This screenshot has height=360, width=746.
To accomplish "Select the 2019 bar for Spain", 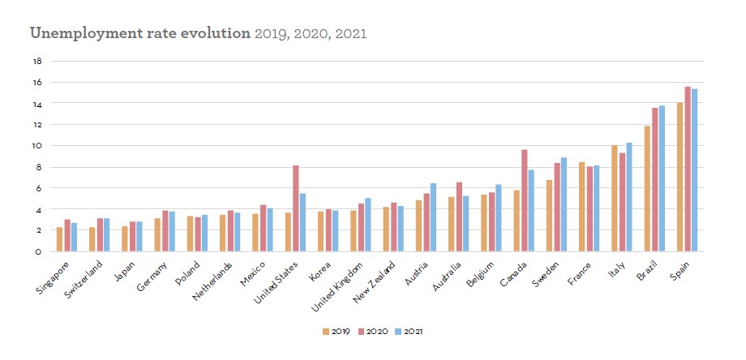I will pyautogui.click(x=680, y=177).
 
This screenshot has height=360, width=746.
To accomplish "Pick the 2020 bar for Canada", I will pyautogui.click(x=524, y=200).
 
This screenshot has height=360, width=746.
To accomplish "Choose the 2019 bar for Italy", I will pyautogui.click(x=615, y=198).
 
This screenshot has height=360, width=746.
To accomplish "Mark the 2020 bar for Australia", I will pyautogui.click(x=459, y=216).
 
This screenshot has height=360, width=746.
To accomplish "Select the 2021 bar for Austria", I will pyautogui.click(x=433, y=217).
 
